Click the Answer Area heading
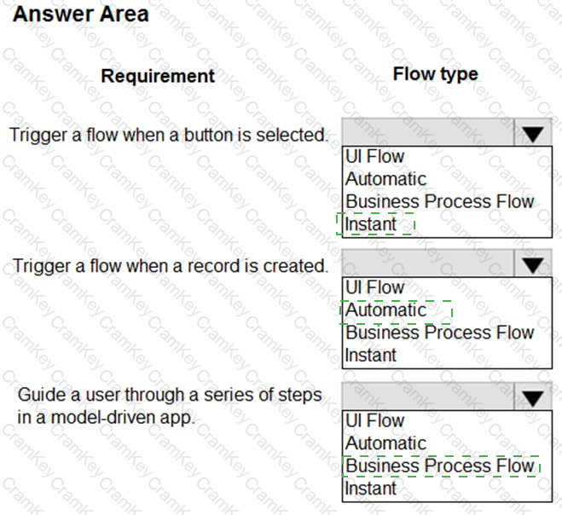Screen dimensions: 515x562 click(81, 14)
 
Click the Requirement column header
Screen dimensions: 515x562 click(158, 76)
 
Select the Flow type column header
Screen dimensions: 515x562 click(435, 74)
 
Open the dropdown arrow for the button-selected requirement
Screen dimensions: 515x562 click(533, 134)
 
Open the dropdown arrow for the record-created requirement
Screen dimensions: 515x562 click(533, 265)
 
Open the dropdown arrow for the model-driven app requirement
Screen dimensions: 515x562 click(533, 398)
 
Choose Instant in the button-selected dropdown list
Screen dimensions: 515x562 click(371, 224)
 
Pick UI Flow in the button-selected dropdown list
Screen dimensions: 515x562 click(374, 157)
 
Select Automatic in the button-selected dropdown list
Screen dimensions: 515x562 click(385, 179)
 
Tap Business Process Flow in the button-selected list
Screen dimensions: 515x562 click(439, 202)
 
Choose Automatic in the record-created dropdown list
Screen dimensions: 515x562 click(385, 310)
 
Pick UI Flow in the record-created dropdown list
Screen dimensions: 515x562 click(374, 288)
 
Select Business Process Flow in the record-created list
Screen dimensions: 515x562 click(439, 333)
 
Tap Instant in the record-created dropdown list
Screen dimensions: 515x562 click(371, 355)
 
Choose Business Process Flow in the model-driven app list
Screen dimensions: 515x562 click(439, 466)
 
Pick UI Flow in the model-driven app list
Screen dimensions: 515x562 click(374, 421)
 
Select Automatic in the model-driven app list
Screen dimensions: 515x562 click(385, 443)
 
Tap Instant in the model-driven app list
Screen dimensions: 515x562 click(371, 489)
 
